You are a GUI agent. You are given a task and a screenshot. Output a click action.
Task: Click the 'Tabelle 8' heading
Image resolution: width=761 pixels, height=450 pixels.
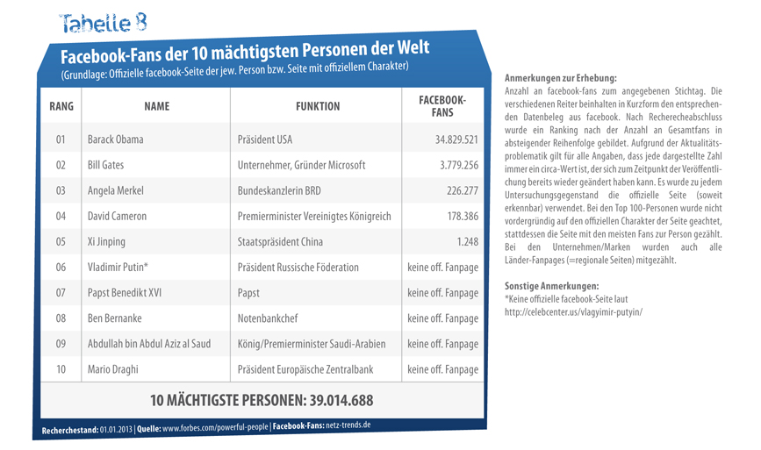pyautogui.click(x=103, y=23)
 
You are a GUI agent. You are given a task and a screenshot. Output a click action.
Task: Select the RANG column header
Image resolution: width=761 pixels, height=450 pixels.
pyautogui.click(x=61, y=106)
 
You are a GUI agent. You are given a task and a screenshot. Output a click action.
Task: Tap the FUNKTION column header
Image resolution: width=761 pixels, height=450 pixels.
pyautogui.click(x=318, y=106)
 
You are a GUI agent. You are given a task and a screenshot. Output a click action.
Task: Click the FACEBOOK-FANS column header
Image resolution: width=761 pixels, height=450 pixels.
pyautogui.click(x=442, y=106)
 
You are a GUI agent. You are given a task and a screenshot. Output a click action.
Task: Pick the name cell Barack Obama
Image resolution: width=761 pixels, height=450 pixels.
pyautogui.click(x=116, y=139)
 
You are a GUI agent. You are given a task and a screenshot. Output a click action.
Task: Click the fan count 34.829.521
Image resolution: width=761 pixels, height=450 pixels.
pyautogui.click(x=456, y=139)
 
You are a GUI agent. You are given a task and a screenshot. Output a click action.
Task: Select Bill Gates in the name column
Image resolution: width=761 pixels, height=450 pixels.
pyautogui.click(x=106, y=165)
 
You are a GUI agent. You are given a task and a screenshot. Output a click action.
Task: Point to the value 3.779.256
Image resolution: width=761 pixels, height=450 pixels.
pyautogui.click(x=459, y=165)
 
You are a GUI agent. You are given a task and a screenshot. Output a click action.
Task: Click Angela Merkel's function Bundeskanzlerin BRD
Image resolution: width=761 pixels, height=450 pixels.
pyautogui.click(x=279, y=190)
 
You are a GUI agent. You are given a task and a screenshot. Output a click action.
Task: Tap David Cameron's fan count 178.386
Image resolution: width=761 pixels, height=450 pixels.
pyautogui.click(x=463, y=217)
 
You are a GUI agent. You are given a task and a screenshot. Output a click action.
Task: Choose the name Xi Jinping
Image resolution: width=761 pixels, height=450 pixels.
pyautogui.click(x=106, y=242)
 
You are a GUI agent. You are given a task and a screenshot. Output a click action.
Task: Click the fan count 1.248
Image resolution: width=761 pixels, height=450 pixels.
pyautogui.click(x=467, y=241)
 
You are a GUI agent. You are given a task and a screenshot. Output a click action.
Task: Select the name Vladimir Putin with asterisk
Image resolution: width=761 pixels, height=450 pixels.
pyautogui.click(x=118, y=268)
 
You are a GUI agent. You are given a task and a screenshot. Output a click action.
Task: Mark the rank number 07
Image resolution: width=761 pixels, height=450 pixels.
pyautogui.click(x=61, y=293)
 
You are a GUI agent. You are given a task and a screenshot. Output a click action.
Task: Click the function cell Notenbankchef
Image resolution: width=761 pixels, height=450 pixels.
pyautogui.click(x=268, y=318)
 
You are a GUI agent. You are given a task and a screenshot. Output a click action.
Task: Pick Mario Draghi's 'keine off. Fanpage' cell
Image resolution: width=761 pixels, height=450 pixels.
pyautogui.click(x=442, y=369)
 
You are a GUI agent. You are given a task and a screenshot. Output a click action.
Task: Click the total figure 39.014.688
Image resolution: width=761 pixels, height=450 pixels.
pyautogui.click(x=341, y=401)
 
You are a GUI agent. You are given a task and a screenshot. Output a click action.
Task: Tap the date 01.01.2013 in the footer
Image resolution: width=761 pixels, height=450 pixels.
pyautogui.click(x=116, y=430)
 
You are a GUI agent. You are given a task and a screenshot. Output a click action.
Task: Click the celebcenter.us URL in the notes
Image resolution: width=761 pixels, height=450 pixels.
pyautogui.click(x=574, y=311)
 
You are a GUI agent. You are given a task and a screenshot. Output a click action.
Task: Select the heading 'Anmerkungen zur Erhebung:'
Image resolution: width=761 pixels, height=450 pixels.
pyautogui.click(x=561, y=78)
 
